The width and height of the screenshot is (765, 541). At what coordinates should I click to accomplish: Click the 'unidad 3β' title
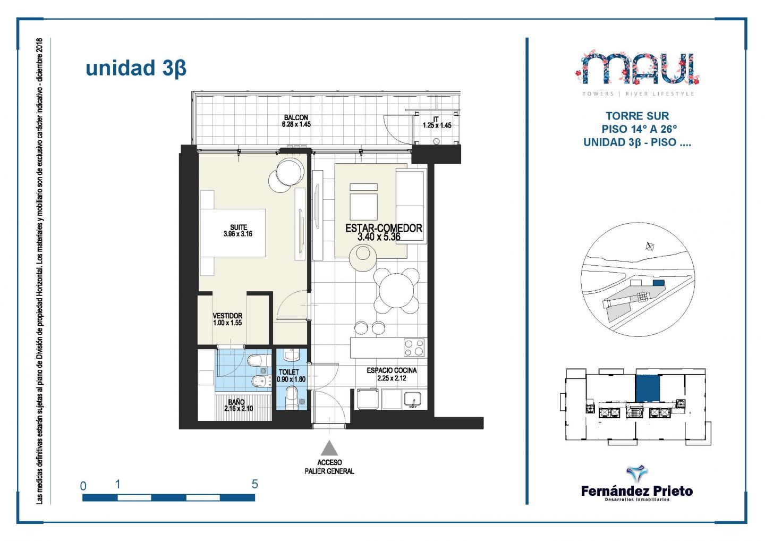(136, 69)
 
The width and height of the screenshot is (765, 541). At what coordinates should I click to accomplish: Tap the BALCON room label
(296, 117)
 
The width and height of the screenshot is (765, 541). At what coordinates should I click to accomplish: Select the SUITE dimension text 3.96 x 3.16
(238, 234)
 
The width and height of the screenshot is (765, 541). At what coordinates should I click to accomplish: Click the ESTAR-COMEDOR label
(384, 228)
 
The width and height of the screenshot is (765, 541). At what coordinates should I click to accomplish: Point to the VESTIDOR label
(227, 316)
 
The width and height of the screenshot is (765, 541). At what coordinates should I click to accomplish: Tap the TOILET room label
(289, 372)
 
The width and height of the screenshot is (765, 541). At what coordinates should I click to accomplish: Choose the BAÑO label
(236, 402)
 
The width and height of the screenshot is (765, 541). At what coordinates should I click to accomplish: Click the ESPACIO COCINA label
(392, 370)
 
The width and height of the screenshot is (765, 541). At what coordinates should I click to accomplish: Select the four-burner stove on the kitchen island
(414, 348)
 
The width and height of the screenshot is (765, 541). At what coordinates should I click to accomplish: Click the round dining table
(396, 291)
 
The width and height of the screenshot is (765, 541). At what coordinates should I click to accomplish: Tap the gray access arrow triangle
(329, 448)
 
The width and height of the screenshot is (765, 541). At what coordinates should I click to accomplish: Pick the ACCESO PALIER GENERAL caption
(329, 467)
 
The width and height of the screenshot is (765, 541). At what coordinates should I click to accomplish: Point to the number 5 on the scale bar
(255, 484)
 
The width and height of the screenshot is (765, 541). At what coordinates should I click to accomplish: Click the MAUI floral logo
(638, 68)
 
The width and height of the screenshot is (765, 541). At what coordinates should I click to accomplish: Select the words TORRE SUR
(637, 116)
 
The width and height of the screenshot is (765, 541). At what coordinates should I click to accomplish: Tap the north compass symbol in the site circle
(650, 246)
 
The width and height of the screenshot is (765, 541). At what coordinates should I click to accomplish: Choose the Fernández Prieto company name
(637, 492)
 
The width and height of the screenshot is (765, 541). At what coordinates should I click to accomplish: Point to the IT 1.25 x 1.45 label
(437, 122)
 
